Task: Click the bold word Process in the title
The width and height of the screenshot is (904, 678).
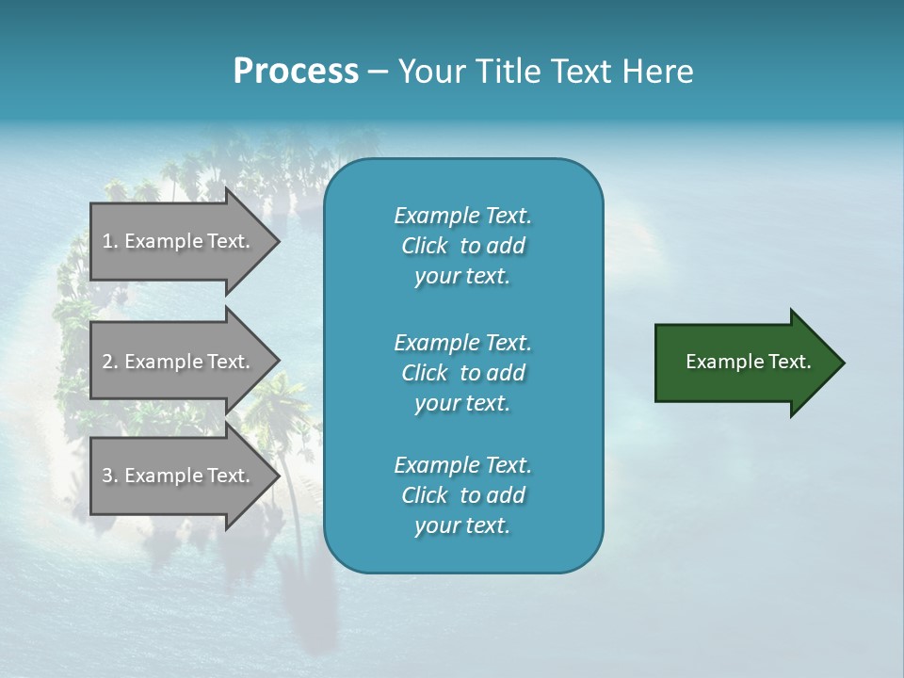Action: (x=296, y=72)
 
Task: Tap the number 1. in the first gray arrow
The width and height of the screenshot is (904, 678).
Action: (x=110, y=241)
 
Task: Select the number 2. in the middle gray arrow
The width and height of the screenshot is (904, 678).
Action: (x=110, y=362)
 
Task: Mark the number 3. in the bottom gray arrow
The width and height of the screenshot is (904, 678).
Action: (x=110, y=476)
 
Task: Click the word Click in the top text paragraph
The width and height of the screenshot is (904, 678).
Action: (x=424, y=246)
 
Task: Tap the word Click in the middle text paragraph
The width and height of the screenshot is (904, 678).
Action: (x=424, y=373)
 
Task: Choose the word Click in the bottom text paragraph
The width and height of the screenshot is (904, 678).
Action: (x=424, y=495)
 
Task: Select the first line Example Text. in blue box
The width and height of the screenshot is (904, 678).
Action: (x=462, y=216)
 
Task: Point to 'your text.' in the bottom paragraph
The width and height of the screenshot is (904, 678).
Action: (x=462, y=526)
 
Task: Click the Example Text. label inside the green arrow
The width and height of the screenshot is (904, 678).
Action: (x=749, y=362)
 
